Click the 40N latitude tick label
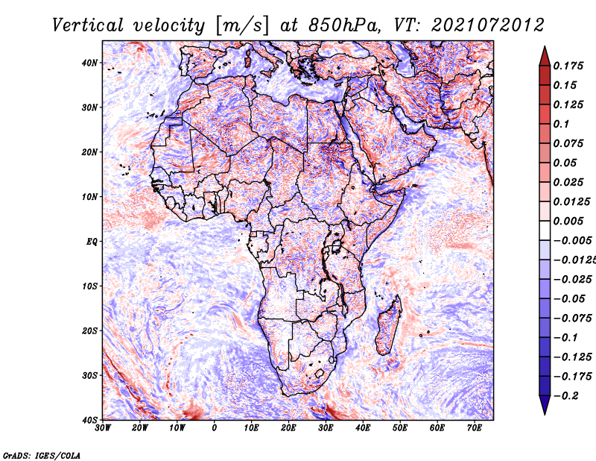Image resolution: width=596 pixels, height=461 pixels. tap(89, 63)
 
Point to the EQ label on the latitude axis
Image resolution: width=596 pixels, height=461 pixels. tap(92, 242)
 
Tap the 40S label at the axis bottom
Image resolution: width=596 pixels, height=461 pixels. tap(91, 420)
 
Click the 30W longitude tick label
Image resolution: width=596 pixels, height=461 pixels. tap(103, 428)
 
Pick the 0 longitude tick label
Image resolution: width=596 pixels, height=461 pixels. tap(215, 428)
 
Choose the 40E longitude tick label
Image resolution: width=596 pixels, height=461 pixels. tap(363, 428)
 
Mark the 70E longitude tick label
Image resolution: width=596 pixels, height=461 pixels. tap(475, 428)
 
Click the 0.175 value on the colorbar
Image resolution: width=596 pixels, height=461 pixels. tap(568, 66)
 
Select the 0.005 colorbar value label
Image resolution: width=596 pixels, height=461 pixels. tap(568, 221)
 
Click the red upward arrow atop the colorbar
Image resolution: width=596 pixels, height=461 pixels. tap(545, 56)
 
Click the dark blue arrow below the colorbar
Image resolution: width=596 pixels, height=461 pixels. tap(545, 405)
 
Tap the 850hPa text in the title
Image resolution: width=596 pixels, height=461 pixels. tap(344, 25)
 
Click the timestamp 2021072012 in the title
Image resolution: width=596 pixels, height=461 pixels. tap(488, 25)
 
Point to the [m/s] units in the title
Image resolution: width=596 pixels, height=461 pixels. tap(241, 26)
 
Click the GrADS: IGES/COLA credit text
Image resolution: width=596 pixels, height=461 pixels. tap(42, 455)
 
